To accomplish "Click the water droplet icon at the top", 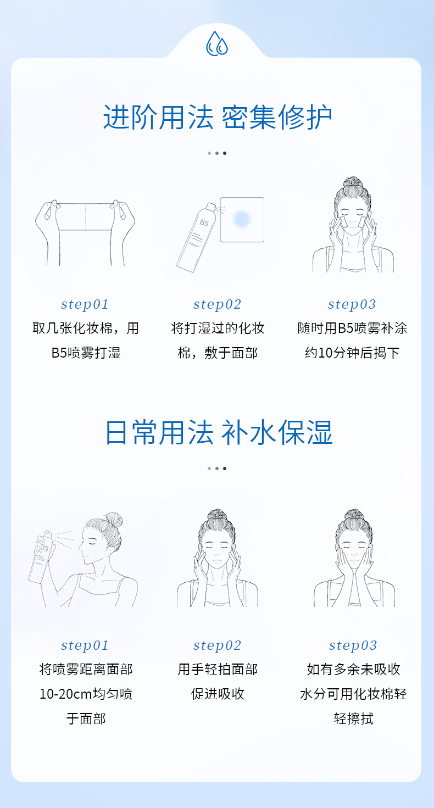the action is point(217,43).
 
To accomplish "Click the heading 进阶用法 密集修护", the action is point(218,117).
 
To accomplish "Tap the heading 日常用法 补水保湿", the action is point(219,432).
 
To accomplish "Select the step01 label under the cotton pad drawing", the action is point(85,304).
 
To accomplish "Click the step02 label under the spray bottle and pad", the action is point(217,304).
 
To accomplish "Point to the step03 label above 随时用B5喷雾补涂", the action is point(352,304).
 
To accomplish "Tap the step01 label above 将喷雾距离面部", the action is point(85,645).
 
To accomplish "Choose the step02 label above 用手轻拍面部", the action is point(217,645).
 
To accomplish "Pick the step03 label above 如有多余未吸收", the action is point(353,645).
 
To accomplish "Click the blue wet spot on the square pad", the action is point(241,218).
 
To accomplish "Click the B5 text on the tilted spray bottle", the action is point(204,222).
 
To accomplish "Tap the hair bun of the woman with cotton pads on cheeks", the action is point(353,182).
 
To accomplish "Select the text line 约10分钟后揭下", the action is point(352,353).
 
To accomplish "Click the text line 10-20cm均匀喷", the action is point(86,694).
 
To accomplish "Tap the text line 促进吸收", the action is point(218,694).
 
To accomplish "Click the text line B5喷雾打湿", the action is point(86,353).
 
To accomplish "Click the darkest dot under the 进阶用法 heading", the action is point(224,153).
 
